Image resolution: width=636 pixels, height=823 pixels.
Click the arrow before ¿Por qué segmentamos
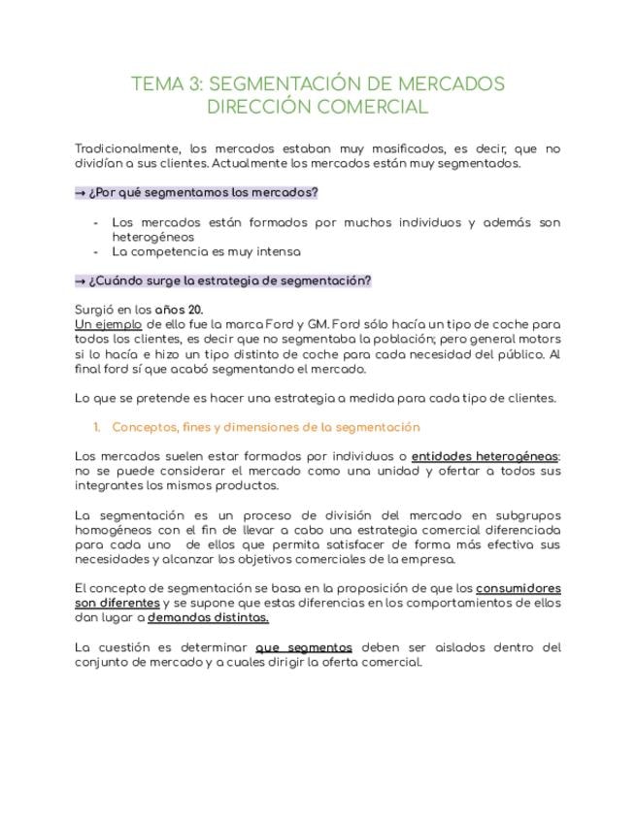click(x=80, y=192)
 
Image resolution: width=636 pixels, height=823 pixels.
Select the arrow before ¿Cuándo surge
click(x=80, y=280)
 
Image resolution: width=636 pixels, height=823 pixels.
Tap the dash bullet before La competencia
click(x=96, y=251)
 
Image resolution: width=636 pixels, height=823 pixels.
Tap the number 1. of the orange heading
click(x=97, y=427)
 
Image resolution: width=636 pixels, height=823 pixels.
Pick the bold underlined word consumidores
click(x=519, y=588)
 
